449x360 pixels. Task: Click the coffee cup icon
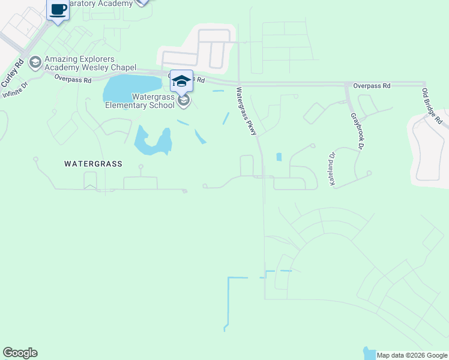pos(58,10)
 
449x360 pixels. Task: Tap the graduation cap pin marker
pos(181,80)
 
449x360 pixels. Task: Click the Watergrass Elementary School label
pos(140,100)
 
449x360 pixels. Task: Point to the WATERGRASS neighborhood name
pos(93,163)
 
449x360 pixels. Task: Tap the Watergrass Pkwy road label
pos(247,111)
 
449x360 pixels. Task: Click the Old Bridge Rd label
pos(432,106)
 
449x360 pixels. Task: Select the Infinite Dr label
pos(15,91)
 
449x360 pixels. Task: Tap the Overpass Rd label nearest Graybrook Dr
pos(372,86)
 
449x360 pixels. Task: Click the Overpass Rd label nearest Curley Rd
pos(73,79)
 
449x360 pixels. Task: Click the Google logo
pos(20,353)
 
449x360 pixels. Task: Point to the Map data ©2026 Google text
pos(412,355)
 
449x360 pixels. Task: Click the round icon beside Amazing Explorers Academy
pos(35,62)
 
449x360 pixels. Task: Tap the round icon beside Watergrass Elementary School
pos(184,100)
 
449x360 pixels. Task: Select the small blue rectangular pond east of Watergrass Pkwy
pos(279,157)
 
